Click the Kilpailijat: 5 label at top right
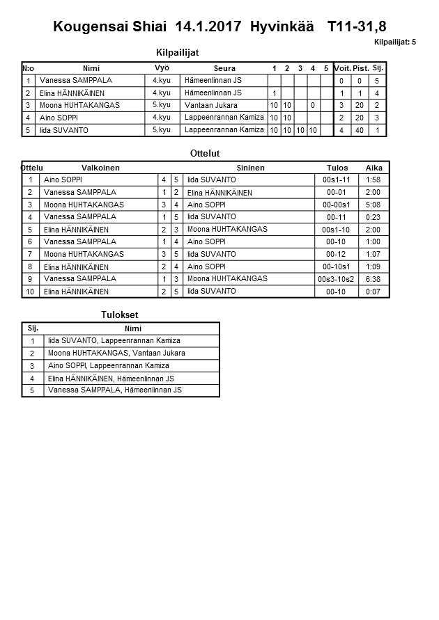(x=394, y=42)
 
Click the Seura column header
(x=224, y=68)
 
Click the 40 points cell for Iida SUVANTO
(x=360, y=130)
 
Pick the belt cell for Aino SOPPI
(x=162, y=118)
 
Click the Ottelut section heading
(x=205, y=153)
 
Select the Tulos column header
(x=337, y=168)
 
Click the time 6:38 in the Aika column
(x=373, y=278)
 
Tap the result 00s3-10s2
(x=336, y=278)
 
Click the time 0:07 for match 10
(x=373, y=291)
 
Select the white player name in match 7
(x=84, y=254)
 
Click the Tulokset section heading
(x=120, y=315)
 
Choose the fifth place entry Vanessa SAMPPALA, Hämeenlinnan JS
(x=114, y=390)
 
